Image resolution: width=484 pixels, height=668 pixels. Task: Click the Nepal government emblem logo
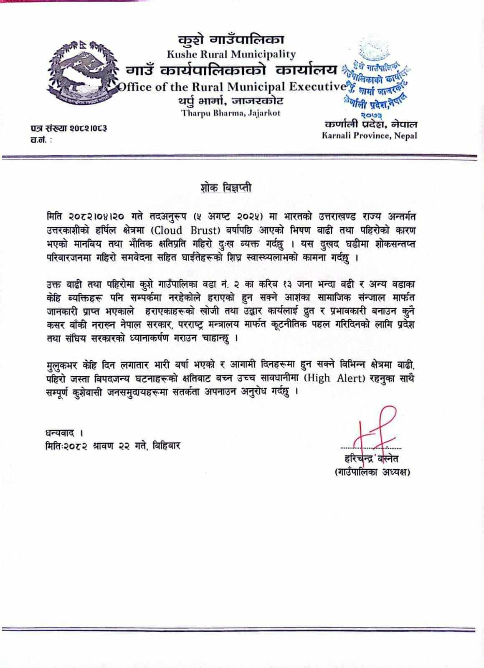tap(81, 73)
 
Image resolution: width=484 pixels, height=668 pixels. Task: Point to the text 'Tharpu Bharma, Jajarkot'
tap(231, 113)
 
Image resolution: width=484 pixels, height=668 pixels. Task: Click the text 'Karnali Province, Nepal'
tap(369, 135)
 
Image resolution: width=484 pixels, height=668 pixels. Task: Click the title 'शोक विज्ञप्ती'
tap(226, 188)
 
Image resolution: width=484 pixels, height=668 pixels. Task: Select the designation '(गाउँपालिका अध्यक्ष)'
tap(372, 472)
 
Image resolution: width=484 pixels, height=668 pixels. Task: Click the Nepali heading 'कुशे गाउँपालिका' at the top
tap(231, 40)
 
